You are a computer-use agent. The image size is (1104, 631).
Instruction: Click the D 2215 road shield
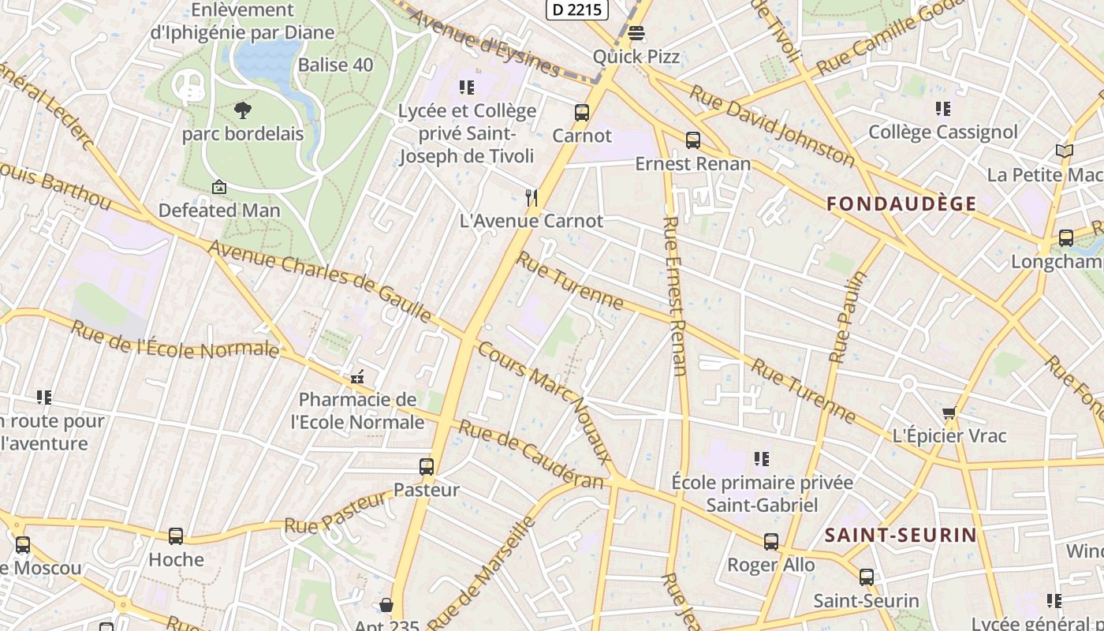tap(576, 9)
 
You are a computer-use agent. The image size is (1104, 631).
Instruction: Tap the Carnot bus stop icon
tap(582, 113)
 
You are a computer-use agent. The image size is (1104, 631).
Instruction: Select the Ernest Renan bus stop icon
tap(693, 140)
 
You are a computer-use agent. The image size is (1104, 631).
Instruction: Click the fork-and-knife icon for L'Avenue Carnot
tap(532, 197)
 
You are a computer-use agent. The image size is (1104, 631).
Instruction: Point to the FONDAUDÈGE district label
tap(901, 203)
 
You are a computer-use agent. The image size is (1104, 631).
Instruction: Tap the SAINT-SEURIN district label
tap(901, 535)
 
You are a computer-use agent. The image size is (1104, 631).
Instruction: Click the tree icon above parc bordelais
tap(243, 110)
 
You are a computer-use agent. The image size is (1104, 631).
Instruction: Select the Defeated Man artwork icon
tap(219, 187)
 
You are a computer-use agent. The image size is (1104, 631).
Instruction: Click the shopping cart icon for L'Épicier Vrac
tap(949, 413)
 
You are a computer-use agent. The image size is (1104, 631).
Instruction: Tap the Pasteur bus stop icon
tap(427, 466)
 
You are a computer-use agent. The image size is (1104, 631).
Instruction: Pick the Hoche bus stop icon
tap(176, 536)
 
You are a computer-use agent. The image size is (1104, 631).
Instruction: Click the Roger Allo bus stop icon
tap(771, 541)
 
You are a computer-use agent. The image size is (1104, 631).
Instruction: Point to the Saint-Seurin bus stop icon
tap(867, 577)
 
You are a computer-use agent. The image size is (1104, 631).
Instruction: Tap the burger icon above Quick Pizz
tap(636, 33)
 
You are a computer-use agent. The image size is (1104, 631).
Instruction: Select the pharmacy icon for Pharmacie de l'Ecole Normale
tap(357, 376)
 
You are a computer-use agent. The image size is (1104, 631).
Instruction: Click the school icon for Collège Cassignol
tap(943, 109)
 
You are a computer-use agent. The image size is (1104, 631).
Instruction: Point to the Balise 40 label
tap(335, 65)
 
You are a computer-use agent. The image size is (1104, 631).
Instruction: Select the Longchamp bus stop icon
tap(1066, 237)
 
